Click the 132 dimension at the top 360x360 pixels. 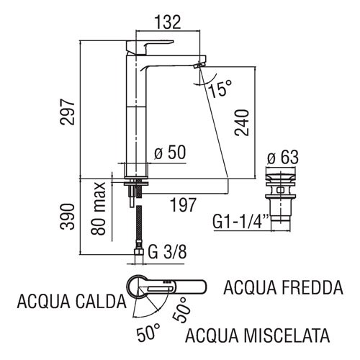click(167, 22)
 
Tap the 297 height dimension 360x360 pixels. click(68, 112)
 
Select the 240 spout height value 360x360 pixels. click(242, 123)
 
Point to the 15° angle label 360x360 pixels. click(220, 89)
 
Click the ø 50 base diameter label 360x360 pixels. click(170, 152)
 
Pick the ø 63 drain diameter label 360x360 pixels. click(283, 157)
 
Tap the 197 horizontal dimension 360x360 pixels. click(183, 204)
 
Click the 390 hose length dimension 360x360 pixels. click(68, 217)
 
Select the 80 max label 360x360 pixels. click(98, 208)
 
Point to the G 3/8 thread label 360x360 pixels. click(167, 252)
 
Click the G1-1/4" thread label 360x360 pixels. click(240, 221)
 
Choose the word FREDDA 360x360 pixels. click(312, 287)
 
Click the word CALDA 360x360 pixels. click(101, 302)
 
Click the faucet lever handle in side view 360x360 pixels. click(150, 47)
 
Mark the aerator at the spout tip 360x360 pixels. click(199, 65)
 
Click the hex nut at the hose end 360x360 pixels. click(139, 252)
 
